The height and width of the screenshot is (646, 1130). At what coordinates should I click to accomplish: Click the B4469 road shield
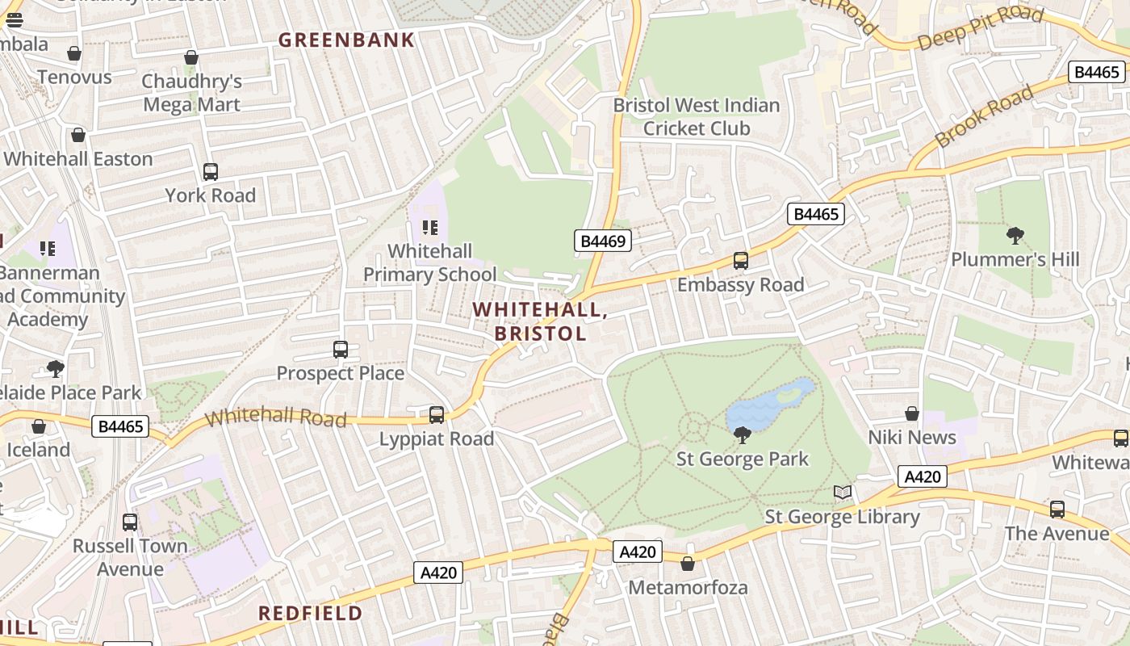click(602, 240)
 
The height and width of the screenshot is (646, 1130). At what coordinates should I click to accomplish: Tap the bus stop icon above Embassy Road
click(741, 261)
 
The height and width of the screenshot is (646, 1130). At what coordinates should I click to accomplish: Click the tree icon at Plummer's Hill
click(1015, 236)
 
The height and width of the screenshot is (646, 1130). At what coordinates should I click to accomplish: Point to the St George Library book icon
click(843, 493)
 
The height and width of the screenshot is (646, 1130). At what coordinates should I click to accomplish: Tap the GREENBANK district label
click(346, 40)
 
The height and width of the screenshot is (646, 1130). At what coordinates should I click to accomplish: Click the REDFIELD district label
click(310, 613)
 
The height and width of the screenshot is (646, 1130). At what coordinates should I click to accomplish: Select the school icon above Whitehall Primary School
click(429, 228)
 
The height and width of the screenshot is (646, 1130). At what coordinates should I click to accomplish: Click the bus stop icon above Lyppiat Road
click(437, 415)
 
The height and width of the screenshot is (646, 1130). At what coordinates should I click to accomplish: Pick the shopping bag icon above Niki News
click(912, 414)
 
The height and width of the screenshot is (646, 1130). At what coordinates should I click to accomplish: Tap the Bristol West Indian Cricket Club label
click(696, 116)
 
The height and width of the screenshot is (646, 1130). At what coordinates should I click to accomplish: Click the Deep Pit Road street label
click(980, 28)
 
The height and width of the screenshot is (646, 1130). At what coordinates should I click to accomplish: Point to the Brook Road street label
click(984, 115)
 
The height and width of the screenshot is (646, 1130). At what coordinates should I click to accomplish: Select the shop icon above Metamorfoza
click(688, 564)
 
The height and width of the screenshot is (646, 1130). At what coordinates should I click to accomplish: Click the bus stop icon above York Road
click(211, 172)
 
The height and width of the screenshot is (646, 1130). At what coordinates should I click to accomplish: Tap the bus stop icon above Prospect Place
click(341, 350)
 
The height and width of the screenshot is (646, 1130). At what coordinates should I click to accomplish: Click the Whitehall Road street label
click(276, 417)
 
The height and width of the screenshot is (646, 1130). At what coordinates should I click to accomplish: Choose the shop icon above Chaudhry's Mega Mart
click(191, 58)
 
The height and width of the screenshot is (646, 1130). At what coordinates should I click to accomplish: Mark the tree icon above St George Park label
click(742, 436)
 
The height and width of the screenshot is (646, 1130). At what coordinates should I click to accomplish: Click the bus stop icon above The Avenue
click(1057, 510)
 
